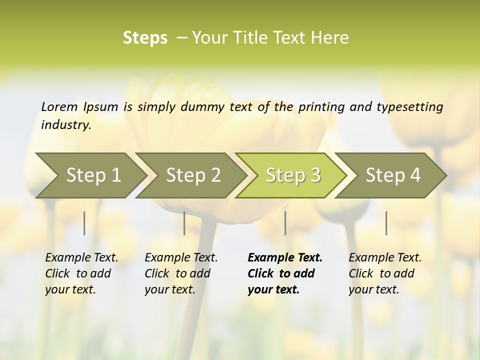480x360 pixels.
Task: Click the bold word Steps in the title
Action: coord(145,38)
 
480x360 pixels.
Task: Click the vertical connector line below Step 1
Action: coord(84,223)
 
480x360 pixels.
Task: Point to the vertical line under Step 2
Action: coord(184,223)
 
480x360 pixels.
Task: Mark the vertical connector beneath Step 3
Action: coord(285,223)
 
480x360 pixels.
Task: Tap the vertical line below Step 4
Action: coord(386,223)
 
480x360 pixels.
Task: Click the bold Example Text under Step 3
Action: coord(285,273)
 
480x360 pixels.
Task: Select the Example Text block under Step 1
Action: coord(81,273)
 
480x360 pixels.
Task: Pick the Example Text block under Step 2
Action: coord(181,273)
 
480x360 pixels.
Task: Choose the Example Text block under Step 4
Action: coord(385,273)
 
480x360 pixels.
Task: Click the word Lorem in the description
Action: coord(59,107)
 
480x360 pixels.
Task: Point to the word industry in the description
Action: coord(66,125)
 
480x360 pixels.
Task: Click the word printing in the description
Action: coord(321,107)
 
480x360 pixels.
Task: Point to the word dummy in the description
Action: coord(204,107)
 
